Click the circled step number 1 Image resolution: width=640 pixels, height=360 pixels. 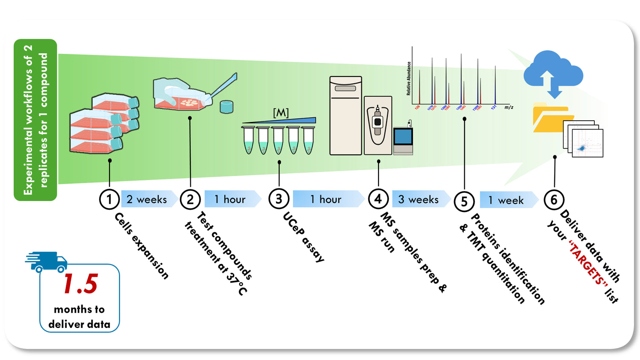pos(109,199)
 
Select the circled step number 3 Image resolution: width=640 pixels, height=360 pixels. pos(279,199)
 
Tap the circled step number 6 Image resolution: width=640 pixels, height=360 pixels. pos(554,200)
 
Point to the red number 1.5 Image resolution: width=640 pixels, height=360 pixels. pos(80,284)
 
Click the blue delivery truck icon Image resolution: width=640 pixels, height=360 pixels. pos(47,261)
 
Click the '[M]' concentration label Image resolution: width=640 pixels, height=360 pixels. pos(281,113)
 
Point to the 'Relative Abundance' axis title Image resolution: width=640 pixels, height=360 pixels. pos(409,78)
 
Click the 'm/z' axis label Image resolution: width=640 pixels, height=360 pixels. pos(509,107)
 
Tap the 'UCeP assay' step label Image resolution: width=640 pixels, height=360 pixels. pos(303,237)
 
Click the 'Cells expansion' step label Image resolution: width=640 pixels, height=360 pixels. pos(142,246)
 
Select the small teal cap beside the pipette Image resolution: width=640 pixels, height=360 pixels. pos(227,107)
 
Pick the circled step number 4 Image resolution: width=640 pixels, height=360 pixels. pos(378,199)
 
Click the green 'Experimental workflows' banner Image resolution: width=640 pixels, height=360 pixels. pos(35,120)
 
